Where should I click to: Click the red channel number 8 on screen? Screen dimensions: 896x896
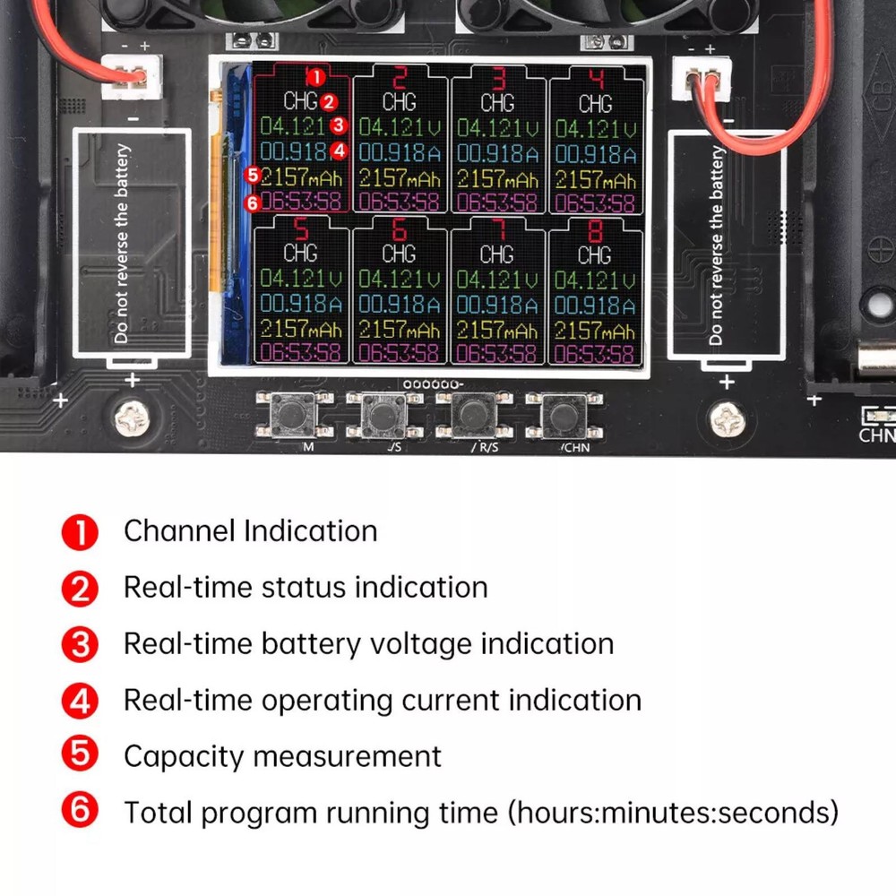594,229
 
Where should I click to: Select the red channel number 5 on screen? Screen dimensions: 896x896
301,229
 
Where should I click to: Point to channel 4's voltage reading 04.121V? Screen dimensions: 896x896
595,129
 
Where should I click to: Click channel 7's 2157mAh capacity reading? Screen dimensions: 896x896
497,330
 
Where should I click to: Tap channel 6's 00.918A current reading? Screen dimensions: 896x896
400,305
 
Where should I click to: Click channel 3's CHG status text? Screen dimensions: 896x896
497,102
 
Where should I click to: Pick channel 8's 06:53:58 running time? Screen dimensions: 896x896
595,353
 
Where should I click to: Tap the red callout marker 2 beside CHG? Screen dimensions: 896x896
329,102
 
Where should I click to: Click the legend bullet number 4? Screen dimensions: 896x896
81,700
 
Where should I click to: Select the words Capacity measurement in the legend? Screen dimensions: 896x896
282,756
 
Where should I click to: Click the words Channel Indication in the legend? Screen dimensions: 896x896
250,530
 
